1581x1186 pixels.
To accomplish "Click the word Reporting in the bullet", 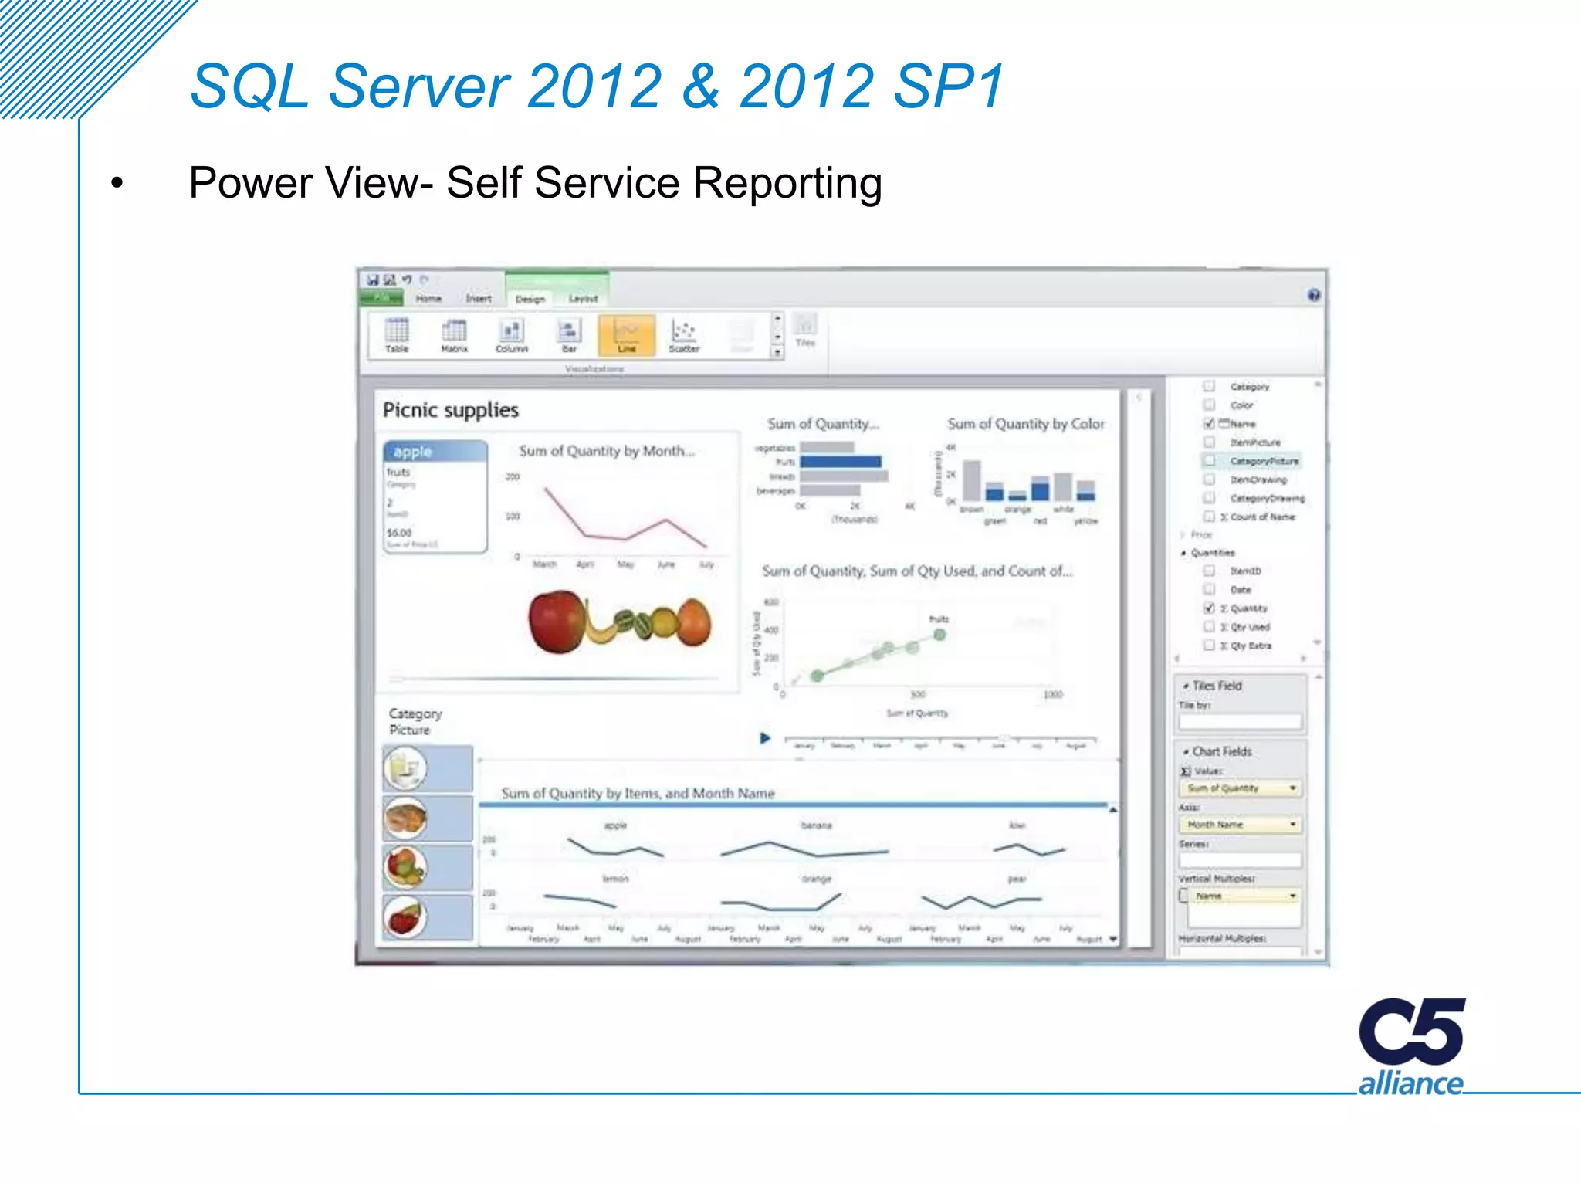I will coord(787,184).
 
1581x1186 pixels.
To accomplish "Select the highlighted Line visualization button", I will coord(626,335).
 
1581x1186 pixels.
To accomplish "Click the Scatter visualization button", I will coord(683,335).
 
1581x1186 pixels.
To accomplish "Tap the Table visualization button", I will coord(397,335).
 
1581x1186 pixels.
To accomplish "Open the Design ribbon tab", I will coord(530,299).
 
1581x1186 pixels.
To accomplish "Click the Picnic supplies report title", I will coord(451,410).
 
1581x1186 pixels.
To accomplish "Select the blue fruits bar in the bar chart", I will coord(840,462).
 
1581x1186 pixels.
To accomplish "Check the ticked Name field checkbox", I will coord(1209,423).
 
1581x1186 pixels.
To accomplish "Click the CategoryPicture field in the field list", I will coord(1264,461).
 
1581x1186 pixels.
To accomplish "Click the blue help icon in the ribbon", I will coord(1314,295).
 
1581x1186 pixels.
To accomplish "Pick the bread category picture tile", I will coord(406,818).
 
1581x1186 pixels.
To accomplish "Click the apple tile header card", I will coord(435,452).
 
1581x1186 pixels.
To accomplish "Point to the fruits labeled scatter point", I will coord(939,635).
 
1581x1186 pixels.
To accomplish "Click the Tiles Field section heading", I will coord(1217,686).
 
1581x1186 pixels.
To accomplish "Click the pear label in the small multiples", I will coord(1017,879).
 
